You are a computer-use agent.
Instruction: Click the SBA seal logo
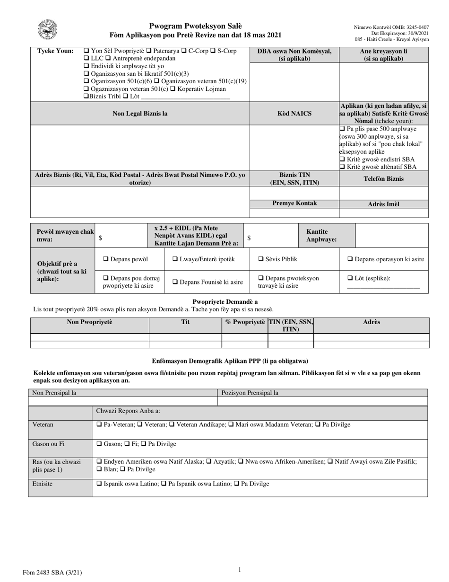coord(48,31)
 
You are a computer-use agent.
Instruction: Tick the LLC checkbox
coord(86,58)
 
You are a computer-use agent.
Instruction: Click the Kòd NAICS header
coord(294,114)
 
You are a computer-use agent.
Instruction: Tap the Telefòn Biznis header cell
coord(383,179)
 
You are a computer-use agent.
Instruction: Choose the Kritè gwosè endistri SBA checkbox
coord(343,159)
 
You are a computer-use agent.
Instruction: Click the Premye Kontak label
coord(294,203)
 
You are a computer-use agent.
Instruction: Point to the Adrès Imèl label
coord(383,204)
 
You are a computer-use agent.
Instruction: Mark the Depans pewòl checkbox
coord(106,259)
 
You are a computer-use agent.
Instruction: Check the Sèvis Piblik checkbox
coord(261,259)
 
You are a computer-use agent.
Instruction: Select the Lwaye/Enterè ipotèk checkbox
coord(175,259)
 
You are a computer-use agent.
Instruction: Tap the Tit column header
coord(185,322)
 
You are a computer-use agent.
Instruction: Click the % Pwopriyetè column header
coord(244,322)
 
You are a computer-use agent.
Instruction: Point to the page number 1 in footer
coord(240,570)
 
